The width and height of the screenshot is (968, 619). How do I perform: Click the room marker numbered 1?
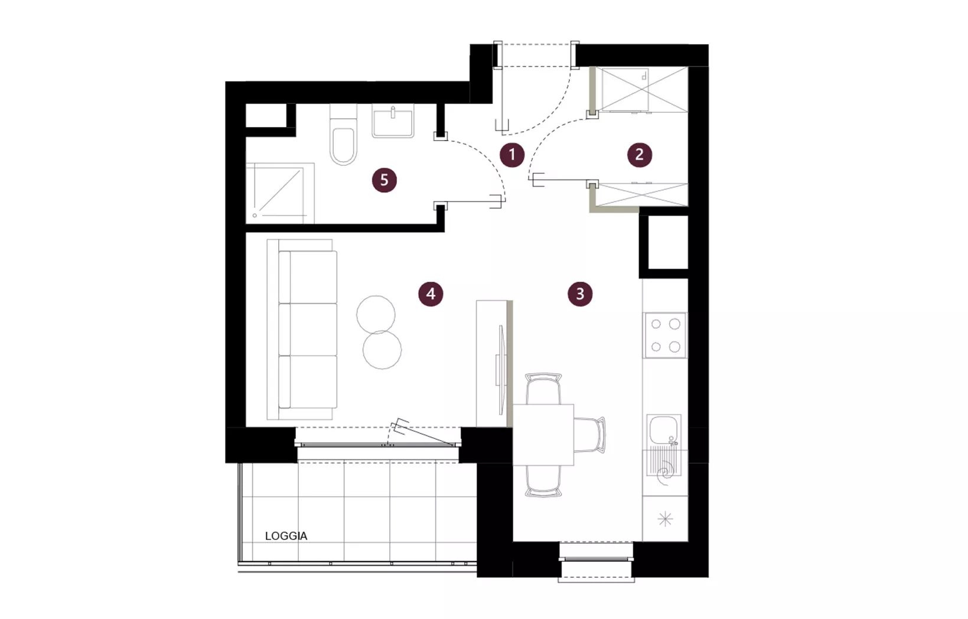click(512, 155)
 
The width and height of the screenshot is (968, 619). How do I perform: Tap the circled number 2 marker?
click(640, 155)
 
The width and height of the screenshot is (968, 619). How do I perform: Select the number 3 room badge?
click(580, 294)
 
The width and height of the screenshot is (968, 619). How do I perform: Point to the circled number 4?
click(431, 294)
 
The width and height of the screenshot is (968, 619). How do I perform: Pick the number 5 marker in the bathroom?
click(384, 180)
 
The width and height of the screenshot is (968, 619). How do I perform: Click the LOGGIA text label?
click(286, 536)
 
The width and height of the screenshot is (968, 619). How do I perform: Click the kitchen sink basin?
click(664, 429)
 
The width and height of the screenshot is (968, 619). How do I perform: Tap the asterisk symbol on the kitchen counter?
click(665, 519)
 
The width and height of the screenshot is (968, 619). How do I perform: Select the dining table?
click(543, 435)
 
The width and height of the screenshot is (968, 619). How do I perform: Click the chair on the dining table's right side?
click(589, 435)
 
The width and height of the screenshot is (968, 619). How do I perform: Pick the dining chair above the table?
click(543, 389)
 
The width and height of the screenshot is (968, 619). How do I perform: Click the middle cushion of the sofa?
click(308, 330)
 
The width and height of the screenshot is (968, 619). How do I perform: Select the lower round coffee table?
click(382, 350)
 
